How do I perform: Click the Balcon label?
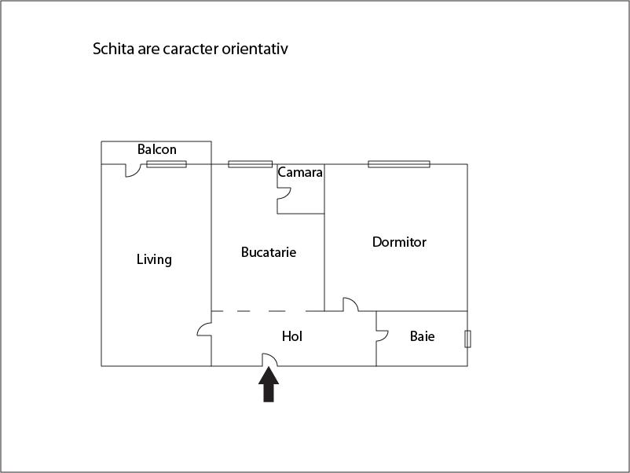click(156, 149)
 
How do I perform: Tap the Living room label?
click(154, 259)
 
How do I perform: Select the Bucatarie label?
click(269, 252)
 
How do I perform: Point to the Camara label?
click(300, 172)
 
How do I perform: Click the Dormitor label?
click(399, 242)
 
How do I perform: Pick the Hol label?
click(292, 336)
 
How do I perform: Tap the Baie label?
click(423, 336)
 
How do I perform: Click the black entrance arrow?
click(269, 384)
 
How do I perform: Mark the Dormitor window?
click(399, 164)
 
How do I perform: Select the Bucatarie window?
click(251, 164)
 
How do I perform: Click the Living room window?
click(167, 164)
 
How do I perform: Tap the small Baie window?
click(467, 339)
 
